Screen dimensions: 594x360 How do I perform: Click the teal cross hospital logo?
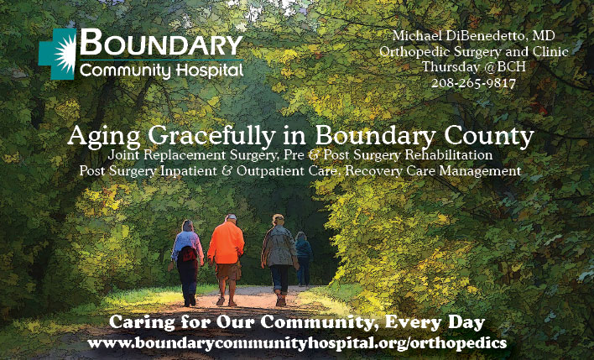click(x=57, y=54)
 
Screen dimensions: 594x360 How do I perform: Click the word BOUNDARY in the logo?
click(x=161, y=42)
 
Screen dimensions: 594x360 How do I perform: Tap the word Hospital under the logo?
click(x=209, y=70)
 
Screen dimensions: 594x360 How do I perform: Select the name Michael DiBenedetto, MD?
click(x=473, y=35)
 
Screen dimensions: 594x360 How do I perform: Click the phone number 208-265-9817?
click(x=473, y=82)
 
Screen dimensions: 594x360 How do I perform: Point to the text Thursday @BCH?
click(x=474, y=67)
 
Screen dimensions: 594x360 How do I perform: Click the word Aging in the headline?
click(x=104, y=137)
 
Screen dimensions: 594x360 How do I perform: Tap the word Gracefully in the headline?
click(x=211, y=137)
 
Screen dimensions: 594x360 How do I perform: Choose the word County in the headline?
click(x=489, y=137)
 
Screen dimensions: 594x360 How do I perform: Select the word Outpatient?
click(x=269, y=171)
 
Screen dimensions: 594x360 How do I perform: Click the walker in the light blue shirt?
click(x=187, y=263)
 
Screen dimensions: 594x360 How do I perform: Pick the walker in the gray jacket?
click(x=279, y=260)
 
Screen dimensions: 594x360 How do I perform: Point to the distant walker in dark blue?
click(x=303, y=258)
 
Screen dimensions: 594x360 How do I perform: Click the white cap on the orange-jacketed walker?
click(x=231, y=217)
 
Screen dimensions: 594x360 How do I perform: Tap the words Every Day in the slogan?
click(x=435, y=322)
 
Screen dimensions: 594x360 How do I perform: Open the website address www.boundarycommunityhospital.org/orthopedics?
click(x=297, y=343)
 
